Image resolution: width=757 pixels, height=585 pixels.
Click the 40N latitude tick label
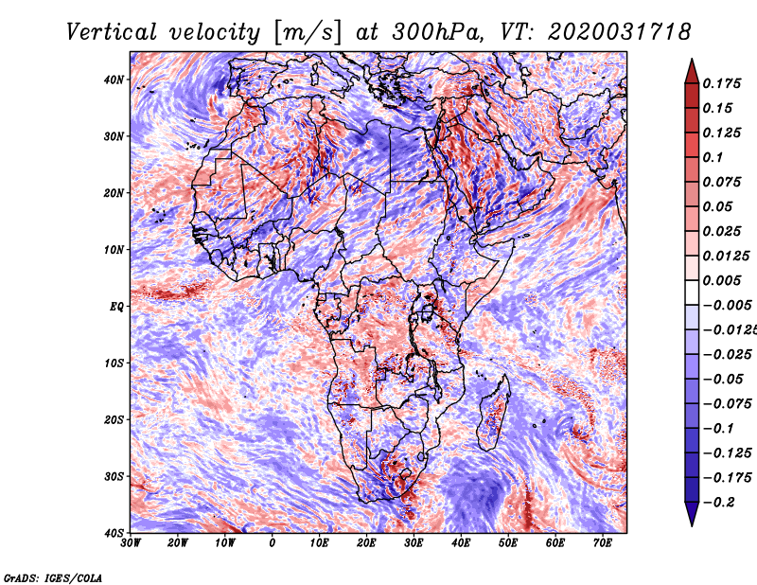113,80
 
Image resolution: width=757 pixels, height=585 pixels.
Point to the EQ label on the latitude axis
116,307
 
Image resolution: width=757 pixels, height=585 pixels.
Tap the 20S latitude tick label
113,419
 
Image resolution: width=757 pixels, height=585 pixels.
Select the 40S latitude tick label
113,533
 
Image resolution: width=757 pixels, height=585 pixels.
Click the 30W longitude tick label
131,543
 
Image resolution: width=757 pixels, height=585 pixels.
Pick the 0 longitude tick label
273,543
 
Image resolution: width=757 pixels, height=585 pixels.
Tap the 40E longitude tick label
461,543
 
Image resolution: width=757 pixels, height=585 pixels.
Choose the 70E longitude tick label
603,543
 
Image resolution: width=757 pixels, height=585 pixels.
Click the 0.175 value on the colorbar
721,83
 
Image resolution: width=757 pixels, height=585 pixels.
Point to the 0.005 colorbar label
721,280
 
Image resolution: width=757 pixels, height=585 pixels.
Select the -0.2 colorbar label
718,503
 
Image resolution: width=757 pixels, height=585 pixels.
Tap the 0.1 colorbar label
713,157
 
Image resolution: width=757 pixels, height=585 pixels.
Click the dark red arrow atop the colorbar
692,72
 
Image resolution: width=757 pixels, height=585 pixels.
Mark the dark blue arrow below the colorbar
692,514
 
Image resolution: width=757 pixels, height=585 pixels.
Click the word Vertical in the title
112,32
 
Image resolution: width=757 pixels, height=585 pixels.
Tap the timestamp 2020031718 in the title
620,32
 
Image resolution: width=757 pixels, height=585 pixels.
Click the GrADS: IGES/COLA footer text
53,578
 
